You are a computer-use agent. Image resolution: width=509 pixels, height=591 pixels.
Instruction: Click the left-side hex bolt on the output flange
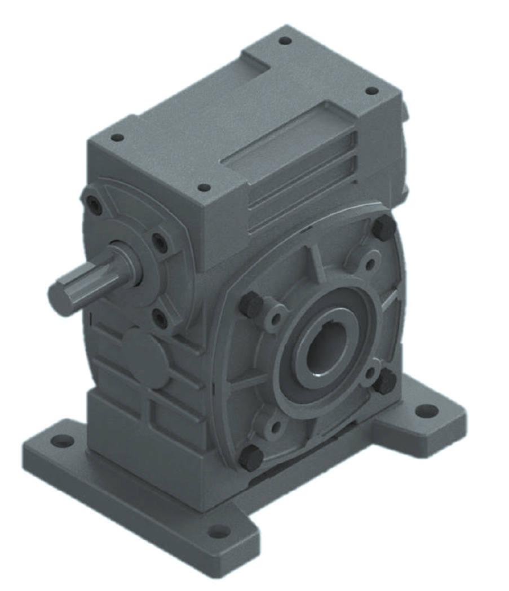coord(251,305)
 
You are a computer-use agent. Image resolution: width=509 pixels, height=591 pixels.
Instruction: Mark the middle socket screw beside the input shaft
coord(160,242)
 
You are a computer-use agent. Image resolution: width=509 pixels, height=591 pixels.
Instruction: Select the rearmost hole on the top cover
coord(285,41)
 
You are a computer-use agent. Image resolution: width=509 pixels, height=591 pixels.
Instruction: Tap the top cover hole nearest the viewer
coord(205,187)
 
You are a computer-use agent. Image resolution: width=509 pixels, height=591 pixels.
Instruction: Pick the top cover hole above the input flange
coord(117,138)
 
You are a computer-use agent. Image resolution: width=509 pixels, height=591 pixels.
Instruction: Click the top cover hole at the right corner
coord(371,90)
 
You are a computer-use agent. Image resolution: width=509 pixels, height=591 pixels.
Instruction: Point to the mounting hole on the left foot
coord(63,441)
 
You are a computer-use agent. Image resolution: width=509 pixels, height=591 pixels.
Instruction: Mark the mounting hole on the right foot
coord(426,410)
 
